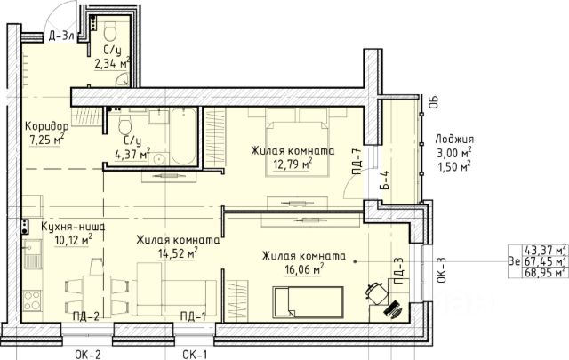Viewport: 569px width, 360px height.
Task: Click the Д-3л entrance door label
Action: [x=61, y=36]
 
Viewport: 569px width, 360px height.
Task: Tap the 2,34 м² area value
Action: [x=112, y=63]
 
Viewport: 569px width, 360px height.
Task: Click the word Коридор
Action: [x=46, y=126]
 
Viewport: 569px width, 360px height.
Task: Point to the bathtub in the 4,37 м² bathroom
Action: [x=184, y=136]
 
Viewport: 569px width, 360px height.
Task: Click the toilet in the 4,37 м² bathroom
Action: [x=125, y=124]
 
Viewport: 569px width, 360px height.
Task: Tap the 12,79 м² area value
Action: [x=293, y=164]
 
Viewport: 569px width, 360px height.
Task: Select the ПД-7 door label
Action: [x=357, y=162]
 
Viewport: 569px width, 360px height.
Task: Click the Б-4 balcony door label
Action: [x=385, y=180]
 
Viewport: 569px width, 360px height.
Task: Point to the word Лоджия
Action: [x=454, y=139]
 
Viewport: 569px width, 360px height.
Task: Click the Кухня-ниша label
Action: [x=73, y=227]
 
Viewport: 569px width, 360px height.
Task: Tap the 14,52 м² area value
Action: [x=178, y=253]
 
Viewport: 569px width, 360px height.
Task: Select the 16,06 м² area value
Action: [x=304, y=269]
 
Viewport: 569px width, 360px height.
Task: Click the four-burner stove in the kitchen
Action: [x=32, y=301]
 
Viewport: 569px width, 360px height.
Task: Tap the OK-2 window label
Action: [x=87, y=354]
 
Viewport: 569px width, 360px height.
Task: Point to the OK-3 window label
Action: [x=441, y=270]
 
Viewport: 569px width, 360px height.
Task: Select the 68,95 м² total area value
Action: [x=545, y=272]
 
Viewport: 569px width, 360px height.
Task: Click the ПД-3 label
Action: [x=397, y=271]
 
